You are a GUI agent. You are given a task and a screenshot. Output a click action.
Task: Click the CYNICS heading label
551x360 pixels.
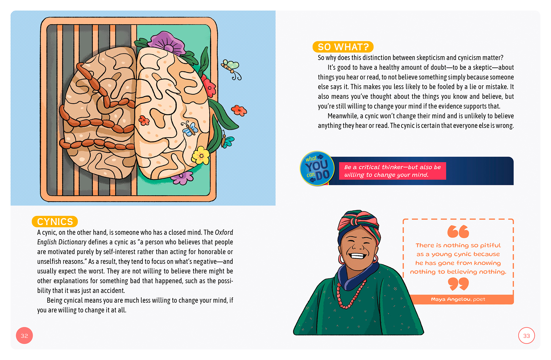(x=55, y=222)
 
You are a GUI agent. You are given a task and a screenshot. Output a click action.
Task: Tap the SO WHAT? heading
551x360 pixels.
(x=343, y=47)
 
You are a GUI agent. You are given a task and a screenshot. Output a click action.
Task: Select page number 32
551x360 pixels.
(x=24, y=336)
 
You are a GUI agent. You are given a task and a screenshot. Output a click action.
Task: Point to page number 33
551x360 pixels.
(x=526, y=336)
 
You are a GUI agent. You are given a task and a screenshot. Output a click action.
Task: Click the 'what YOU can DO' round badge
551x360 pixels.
(x=317, y=169)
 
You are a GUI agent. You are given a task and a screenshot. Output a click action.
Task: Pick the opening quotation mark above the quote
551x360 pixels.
(x=458, y=232)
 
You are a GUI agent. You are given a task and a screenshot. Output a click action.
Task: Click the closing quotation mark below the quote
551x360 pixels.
(x=458, y=284)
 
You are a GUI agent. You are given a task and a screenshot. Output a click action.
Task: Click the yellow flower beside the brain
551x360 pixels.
(x=201, y=156)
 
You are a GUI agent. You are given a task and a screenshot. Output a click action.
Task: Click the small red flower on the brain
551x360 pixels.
(x=144, y=121)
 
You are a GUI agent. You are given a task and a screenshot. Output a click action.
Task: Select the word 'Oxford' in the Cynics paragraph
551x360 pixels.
(x=224, y=232)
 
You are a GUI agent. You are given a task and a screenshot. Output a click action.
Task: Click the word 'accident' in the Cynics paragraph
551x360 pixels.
(x=113, y=291)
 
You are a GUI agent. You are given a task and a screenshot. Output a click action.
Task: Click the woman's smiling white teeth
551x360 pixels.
(x=357, y=256)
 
